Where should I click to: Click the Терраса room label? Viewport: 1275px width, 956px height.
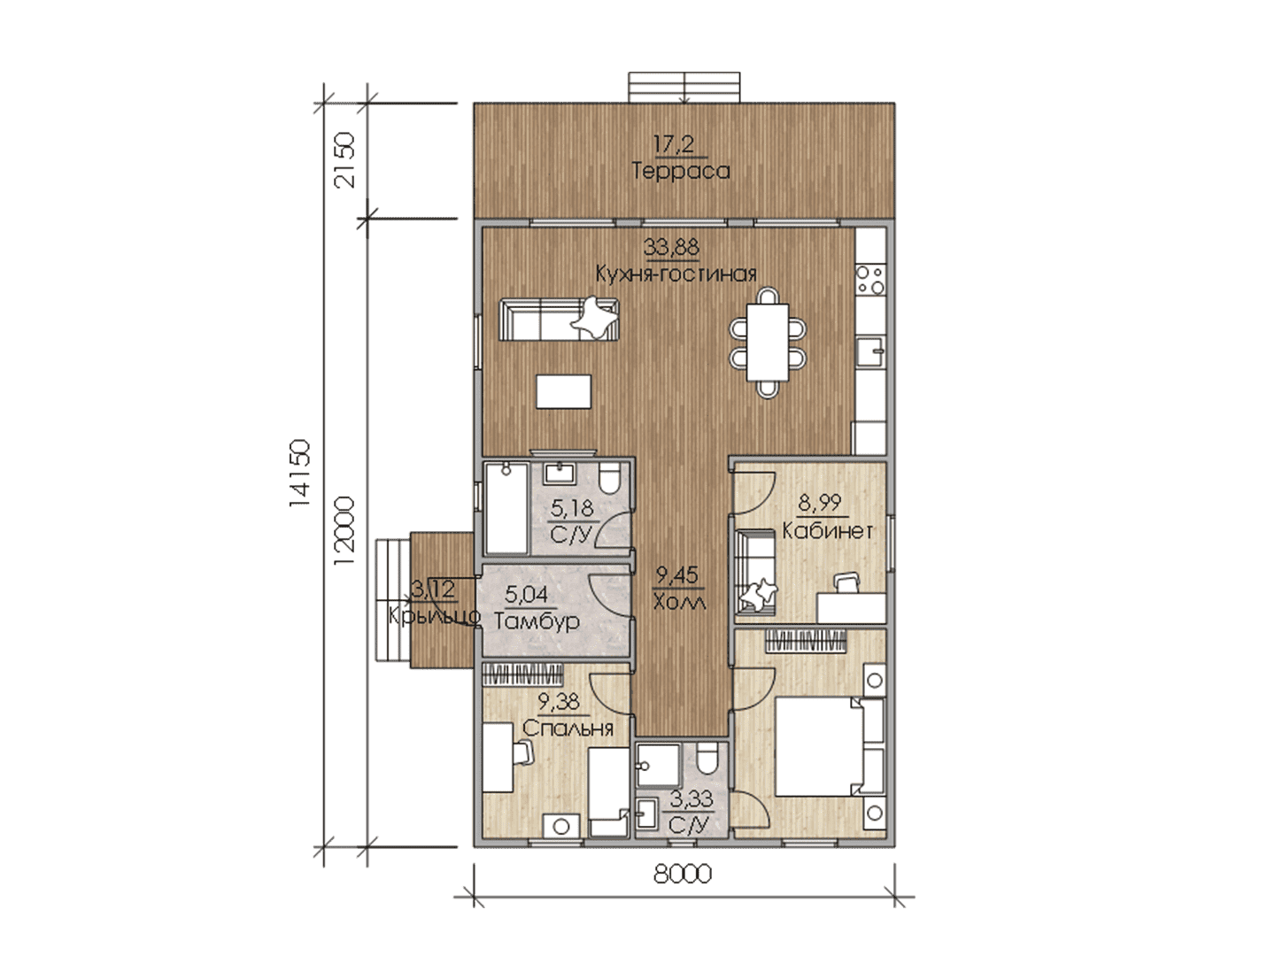(x=680, y=171)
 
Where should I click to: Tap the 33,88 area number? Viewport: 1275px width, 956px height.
(x=671, y=247)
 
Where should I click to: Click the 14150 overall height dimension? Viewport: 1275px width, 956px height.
(x=300, y=474)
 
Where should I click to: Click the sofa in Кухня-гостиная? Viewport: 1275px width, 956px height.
(x=559, y=319)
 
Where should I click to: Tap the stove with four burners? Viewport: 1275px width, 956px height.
(x=870, y=279)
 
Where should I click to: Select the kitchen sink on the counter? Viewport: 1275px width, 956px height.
(x=870, y=351)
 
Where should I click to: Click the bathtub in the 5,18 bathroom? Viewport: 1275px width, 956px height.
(x=506, y=508)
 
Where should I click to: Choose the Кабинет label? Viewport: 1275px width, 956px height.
(x=828, y=531)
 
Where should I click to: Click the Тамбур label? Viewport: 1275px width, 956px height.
(x=537, y=621)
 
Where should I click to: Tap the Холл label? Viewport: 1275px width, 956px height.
(x=680, y=602)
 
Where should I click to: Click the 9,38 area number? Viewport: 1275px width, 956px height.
(x=559, y=702)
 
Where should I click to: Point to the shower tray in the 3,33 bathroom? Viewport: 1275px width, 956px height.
(x=658, y=765)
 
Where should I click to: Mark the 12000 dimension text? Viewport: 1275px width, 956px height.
(x=344, y=530)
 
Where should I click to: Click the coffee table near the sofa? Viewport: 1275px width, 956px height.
(x=563, y=391)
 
